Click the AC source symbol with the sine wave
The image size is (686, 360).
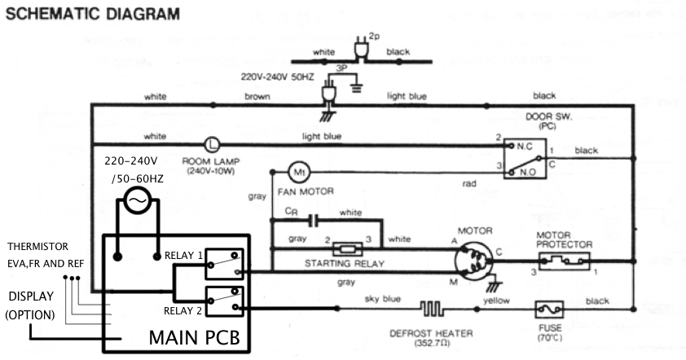pyautogui.click(x=136, y=198)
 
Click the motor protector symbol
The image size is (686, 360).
pyautogui.click(x=562, y=261)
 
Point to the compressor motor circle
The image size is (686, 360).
pyautogui.click(x=474, y=261)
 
